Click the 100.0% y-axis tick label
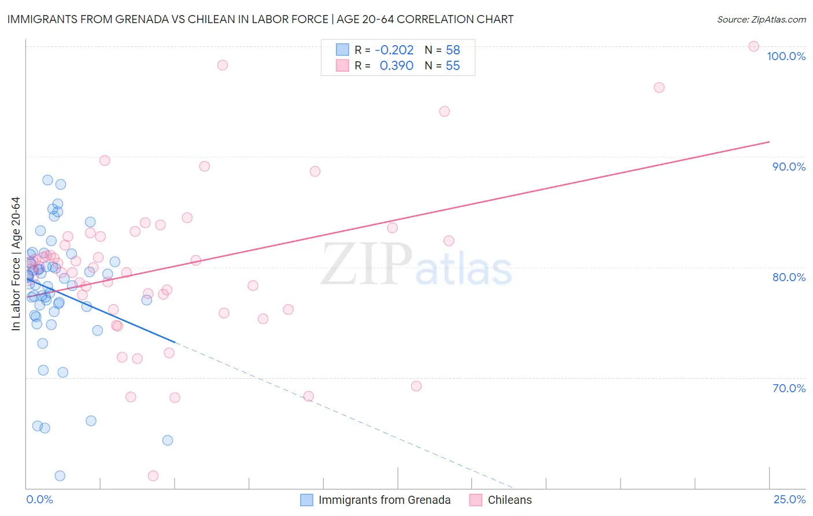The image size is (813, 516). point(786,56)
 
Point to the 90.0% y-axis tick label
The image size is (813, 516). point(789,167)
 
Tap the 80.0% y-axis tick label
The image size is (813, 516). point(789,277)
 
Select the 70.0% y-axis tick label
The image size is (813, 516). point(789,388)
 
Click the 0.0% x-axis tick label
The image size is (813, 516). point(39,499)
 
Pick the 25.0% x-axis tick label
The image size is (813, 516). point(789,499)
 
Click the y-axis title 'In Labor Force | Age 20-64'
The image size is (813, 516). point(16,264)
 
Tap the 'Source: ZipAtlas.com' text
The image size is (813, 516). point(761,20)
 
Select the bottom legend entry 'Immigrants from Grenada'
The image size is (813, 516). point(384,500)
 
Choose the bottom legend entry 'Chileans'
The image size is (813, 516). point(509,500)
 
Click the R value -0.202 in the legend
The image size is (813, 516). point(394,50)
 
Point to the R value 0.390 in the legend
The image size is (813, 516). point(396,66)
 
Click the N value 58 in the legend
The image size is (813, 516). point(453,50)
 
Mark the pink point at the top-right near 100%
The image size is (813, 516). point(753,46)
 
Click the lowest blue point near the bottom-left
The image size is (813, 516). point(60,476)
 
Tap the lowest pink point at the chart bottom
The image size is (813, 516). point(153,476)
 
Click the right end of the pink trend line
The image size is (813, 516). point(769,142)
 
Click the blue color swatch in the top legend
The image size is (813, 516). point(342,50)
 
